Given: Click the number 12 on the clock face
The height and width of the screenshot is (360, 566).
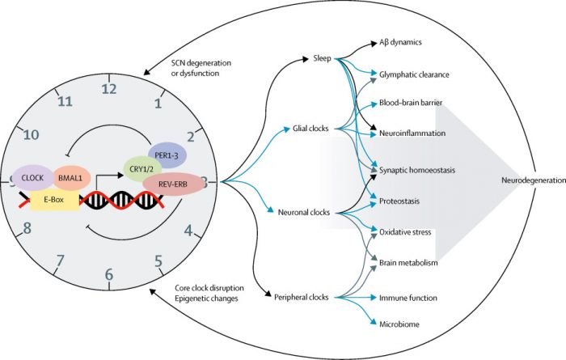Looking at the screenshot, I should point(110,89).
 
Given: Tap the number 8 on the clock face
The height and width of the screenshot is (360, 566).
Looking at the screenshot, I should point(27,229).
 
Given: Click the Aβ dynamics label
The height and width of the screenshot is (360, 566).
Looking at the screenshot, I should point(402,41).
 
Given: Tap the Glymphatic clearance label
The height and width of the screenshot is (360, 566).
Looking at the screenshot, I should point(414,74).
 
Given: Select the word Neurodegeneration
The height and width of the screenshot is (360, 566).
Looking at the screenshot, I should point(530,182).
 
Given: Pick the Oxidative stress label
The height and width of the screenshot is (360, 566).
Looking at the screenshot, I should point(407,232).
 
